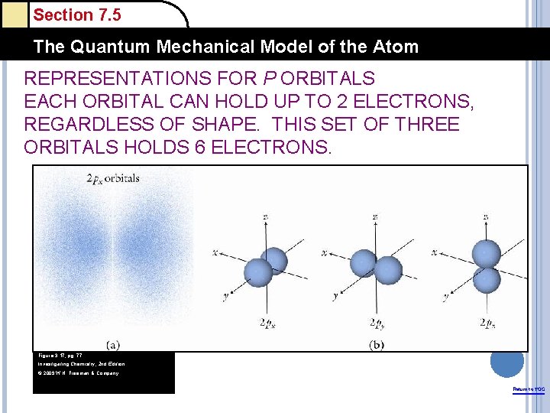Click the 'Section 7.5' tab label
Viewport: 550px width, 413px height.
[77, 15]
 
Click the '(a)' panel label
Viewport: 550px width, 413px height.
[112, 344]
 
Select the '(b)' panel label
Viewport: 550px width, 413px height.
[377, 344]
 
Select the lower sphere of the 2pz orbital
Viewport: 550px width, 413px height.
[486, 279]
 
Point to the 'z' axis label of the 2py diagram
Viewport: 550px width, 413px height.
[375, 217]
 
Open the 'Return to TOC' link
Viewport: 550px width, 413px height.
[529, 390]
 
